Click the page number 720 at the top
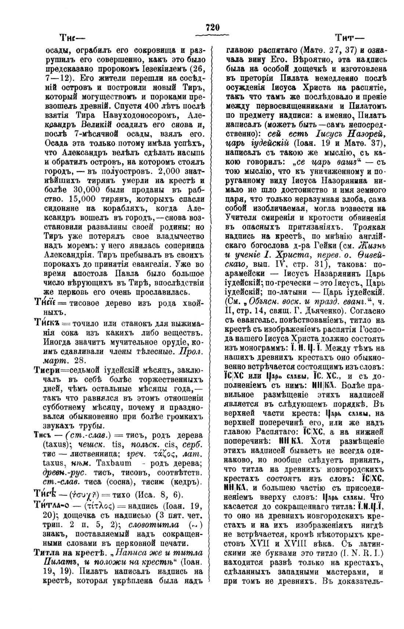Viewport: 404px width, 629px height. (x=212, y=28)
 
